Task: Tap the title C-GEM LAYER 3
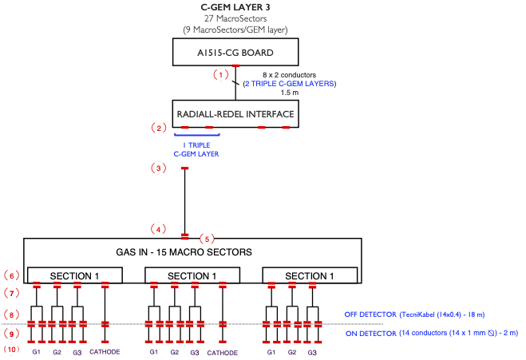pyautogui.click(x=235, y=7)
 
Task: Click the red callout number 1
pyautogui.click(x=221, y=74)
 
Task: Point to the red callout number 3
pyautogui.click(x=159, y=168)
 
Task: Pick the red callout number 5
pyautogui.click(x=207, y=239)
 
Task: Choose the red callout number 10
pyautogui.click(x=11, y=350)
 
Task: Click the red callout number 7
pyautogui.click(x=12, y=293)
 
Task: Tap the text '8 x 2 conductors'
pyautogui.click(x=289, y=75)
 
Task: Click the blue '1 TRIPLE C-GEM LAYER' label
pyautogui.click(x=196, y=149)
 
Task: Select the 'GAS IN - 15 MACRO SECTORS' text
pyautogui.click(x=184, y=252)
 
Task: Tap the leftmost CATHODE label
pyautogui.click(x=105, y=351)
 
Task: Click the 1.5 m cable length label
pyautogui.click(x=290, y=93)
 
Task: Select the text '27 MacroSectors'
pyautogui.click(x=235, y=18)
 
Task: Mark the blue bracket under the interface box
pyautogui.click(x=197, y=135)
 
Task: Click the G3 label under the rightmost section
pyautogui.click(x=312, y=352)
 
